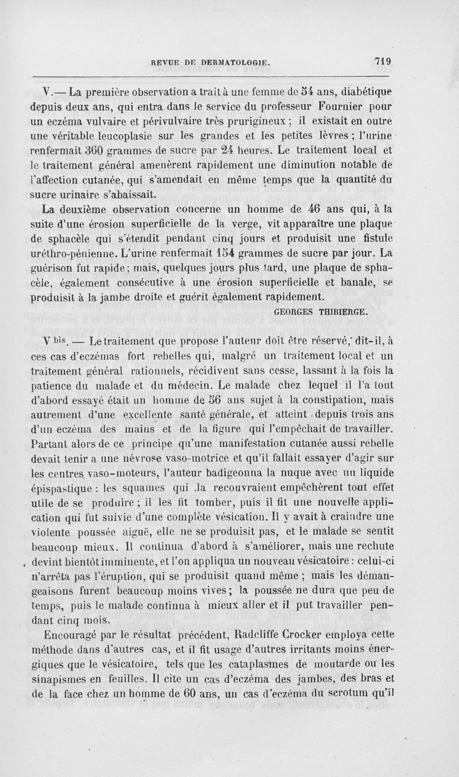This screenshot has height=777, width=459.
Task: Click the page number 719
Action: coord(382,60)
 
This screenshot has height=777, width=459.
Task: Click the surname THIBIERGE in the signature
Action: coord(344,312)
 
